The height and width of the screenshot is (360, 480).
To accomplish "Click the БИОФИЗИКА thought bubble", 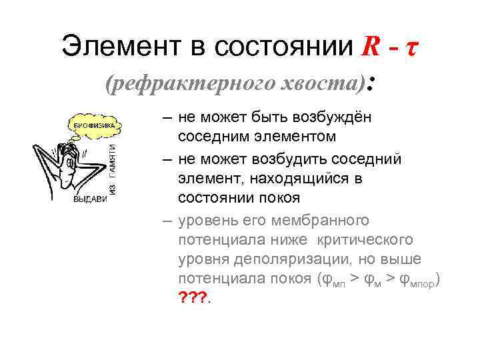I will tap(93, 125).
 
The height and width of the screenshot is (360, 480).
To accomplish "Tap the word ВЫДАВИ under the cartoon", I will tap(90, 199).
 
